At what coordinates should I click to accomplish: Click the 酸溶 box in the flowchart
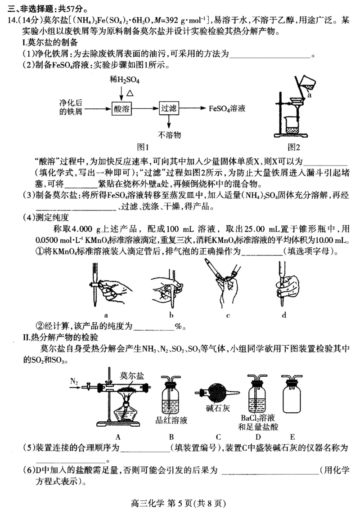(121, 109)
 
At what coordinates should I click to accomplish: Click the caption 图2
(294, 147)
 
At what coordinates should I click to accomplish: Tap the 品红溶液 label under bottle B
(171, 420)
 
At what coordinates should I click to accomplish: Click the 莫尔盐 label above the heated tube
(132, 375)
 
